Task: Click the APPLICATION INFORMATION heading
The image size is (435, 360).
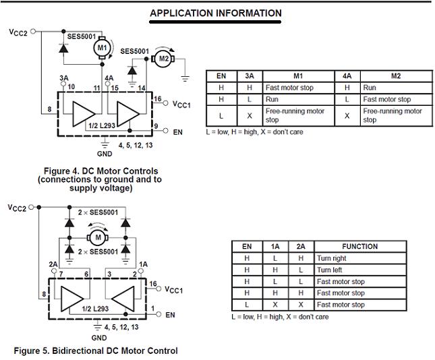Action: pos(215,13)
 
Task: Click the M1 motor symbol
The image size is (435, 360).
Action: pos(102,48)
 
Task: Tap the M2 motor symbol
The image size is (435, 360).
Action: pos(163,59)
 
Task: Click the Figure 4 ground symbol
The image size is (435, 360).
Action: pos(105,142)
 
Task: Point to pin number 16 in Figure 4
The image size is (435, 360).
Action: pos(157,99)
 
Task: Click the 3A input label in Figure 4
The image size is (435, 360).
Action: pos(64,78)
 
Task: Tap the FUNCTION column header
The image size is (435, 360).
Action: pos(359,247)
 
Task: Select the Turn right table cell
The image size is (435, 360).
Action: pos(331,258)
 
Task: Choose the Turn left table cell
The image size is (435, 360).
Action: pos(330,270)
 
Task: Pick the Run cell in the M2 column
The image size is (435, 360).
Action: pos(370,88)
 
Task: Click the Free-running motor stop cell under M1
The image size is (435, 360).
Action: pos(295,115)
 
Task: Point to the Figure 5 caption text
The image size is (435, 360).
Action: pos(96,351)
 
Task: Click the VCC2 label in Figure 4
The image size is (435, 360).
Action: pos(18,31)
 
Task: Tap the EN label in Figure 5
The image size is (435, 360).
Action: pos(170,315)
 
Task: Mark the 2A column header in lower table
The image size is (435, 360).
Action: pos(300,247)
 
